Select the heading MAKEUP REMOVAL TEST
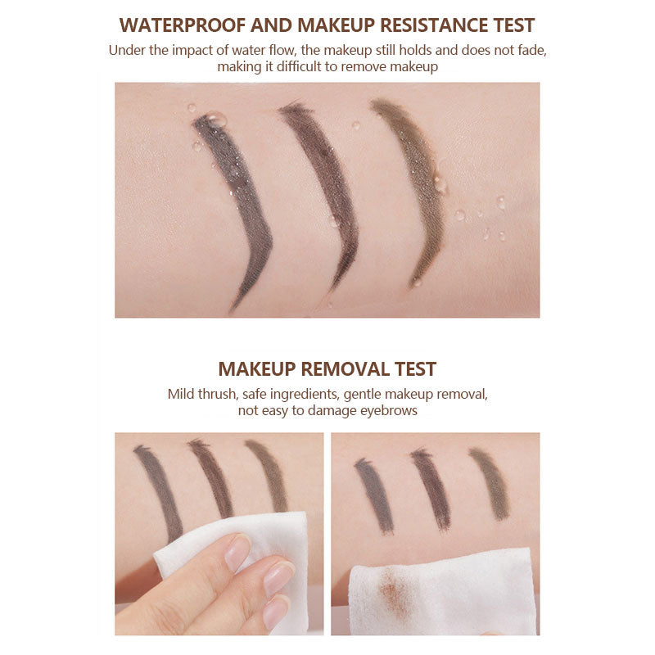[x=327, y=368]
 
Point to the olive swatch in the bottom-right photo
[x=490, y=483]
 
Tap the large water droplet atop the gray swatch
[x=217, y=120]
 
